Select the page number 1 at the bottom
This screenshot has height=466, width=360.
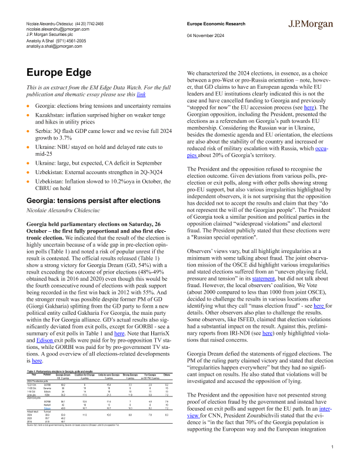(332, 448)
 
